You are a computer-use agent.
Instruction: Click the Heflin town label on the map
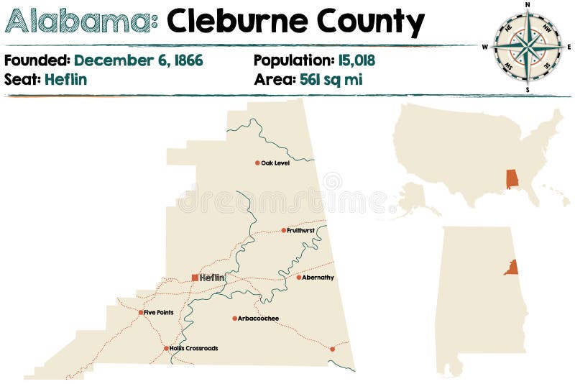tap(213, 278)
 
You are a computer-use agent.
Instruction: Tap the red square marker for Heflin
tap(195, 278)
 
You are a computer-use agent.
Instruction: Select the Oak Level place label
tap(275, 163)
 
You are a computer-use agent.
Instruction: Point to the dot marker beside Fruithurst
tap(283, 231)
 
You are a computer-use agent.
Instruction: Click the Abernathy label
tap(318, 278)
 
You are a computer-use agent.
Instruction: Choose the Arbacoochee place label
tap(259, 319)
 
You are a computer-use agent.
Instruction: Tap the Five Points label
tap(159, 312)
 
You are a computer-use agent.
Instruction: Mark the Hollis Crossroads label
tap(194, 349)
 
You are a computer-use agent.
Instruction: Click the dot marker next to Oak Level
tap(257, 163)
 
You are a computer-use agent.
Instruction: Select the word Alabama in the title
tap(81, 23)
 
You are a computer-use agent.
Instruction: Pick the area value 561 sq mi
tap(328, 79)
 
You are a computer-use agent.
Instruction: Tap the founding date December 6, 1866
tap(139, 60)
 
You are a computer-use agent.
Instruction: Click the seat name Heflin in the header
tap(65, 79)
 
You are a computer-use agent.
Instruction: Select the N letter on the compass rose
tap(528, 5)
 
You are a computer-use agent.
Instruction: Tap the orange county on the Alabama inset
tap(512, 268)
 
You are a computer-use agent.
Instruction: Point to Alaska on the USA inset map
tap(415, 198)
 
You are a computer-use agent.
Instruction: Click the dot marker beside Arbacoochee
tap(234, 319)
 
